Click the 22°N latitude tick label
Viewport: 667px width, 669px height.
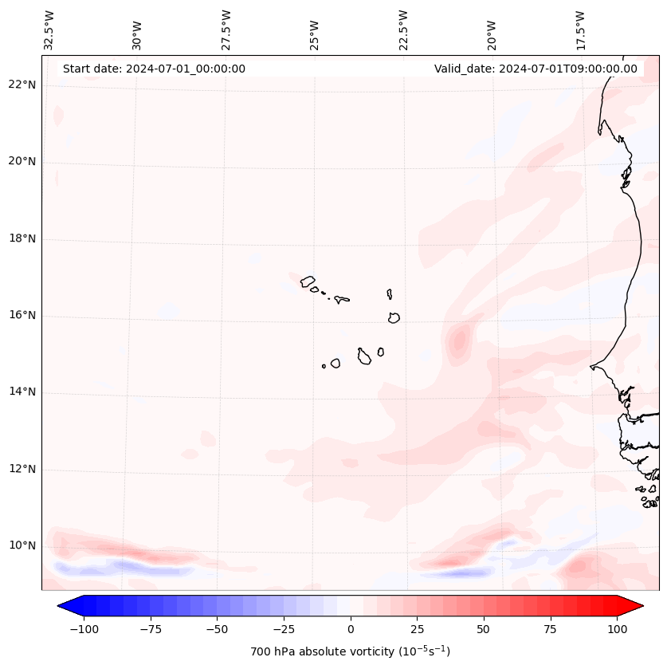click(x=22, y=85)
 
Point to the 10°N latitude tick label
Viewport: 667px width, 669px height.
click(x=22, y=546)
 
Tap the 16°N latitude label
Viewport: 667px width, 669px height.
click(x=22, y=316)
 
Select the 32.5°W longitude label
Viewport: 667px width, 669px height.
click(x=49, y=30)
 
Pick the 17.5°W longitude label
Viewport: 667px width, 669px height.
click(x=580, y=30)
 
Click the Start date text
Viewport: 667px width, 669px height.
click(x=154, y=69)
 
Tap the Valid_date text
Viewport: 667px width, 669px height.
click(x=536, y=69)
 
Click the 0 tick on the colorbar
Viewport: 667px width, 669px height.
click(x=351, y=629)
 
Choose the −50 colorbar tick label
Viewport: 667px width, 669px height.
click(x=218, y=629)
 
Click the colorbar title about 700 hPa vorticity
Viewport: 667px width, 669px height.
click(x=351, y=652)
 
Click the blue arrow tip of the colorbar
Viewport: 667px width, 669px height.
click(x=66, y=606)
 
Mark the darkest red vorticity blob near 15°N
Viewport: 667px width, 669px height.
click(x=459, y=341)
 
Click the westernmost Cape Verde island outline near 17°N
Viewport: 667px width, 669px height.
click(x=308, y=281)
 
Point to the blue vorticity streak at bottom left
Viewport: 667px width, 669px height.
click(x=120, y=569)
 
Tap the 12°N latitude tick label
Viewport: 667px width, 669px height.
click(x=22, y=470)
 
